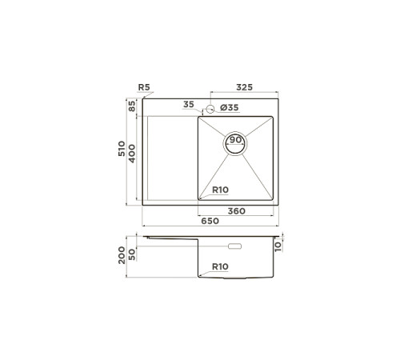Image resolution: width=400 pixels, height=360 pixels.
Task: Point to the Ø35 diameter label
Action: point(230,106)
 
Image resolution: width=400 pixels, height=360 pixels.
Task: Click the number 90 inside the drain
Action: point(236,140)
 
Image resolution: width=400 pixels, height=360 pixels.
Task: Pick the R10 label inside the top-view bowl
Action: point(222,190)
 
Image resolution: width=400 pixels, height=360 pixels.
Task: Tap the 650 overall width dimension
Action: point(210,221)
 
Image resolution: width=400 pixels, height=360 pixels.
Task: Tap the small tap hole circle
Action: point(210,108)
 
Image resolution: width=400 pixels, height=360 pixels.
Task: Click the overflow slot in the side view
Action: point(236,246)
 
